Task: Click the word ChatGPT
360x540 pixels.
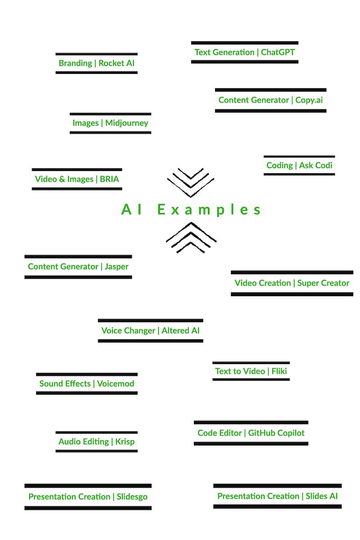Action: (x=278, y=52)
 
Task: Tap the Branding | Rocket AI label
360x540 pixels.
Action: (x=96, y=63)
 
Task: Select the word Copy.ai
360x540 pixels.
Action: (x=309, y=100)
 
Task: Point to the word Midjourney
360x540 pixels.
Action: (x=126, y=123)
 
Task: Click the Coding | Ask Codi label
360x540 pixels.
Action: (x=299, y=165)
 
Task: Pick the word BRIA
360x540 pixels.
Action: (x=109, y=179)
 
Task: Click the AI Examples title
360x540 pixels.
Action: (x=191, y=210)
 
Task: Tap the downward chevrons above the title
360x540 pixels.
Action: (x=191, y=182)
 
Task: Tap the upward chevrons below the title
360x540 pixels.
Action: (x=191, y=237)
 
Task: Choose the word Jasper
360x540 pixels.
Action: (x=117, y=266)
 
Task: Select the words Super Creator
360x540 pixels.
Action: (x=323, y=283)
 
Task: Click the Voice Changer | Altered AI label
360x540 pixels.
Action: (x=150, y=330)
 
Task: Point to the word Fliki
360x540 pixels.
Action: (x=279, y=371)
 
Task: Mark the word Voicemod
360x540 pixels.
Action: (x=116, y=384)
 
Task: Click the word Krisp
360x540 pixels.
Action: (x=125, y=441)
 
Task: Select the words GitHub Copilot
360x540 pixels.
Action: (x=276, y=433)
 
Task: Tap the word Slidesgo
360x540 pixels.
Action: (x=132, y=497)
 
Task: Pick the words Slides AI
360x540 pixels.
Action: (x=321, y=496)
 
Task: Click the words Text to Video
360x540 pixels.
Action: (x=240, y=371)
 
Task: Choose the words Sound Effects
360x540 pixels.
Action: (x=65, y=384)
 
